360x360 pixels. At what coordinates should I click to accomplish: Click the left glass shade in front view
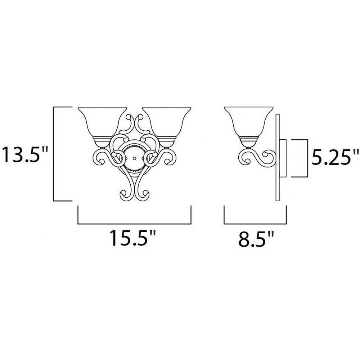[102, 122]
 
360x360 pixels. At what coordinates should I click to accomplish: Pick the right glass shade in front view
[166, 122]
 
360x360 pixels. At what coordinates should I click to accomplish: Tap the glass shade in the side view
[249, 122]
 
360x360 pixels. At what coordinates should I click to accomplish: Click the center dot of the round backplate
[135, 158]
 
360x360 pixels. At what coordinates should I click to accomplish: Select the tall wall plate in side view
[278, 158]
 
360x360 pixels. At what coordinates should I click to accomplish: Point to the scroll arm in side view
[257, 158]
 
